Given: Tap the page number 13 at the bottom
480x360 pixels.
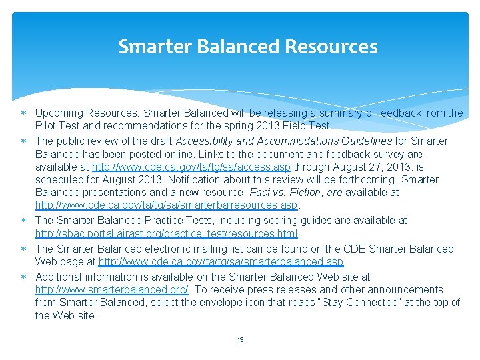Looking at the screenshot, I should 240,339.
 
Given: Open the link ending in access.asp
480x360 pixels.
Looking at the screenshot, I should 191,167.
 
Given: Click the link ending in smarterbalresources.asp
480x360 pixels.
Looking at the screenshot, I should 167,205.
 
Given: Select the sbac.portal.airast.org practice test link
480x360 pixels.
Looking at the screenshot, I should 167,234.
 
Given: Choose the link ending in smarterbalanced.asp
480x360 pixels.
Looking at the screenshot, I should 221,262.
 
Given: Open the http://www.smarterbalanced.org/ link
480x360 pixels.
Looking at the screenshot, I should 112,290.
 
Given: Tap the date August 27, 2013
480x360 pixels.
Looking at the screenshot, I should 374,167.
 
